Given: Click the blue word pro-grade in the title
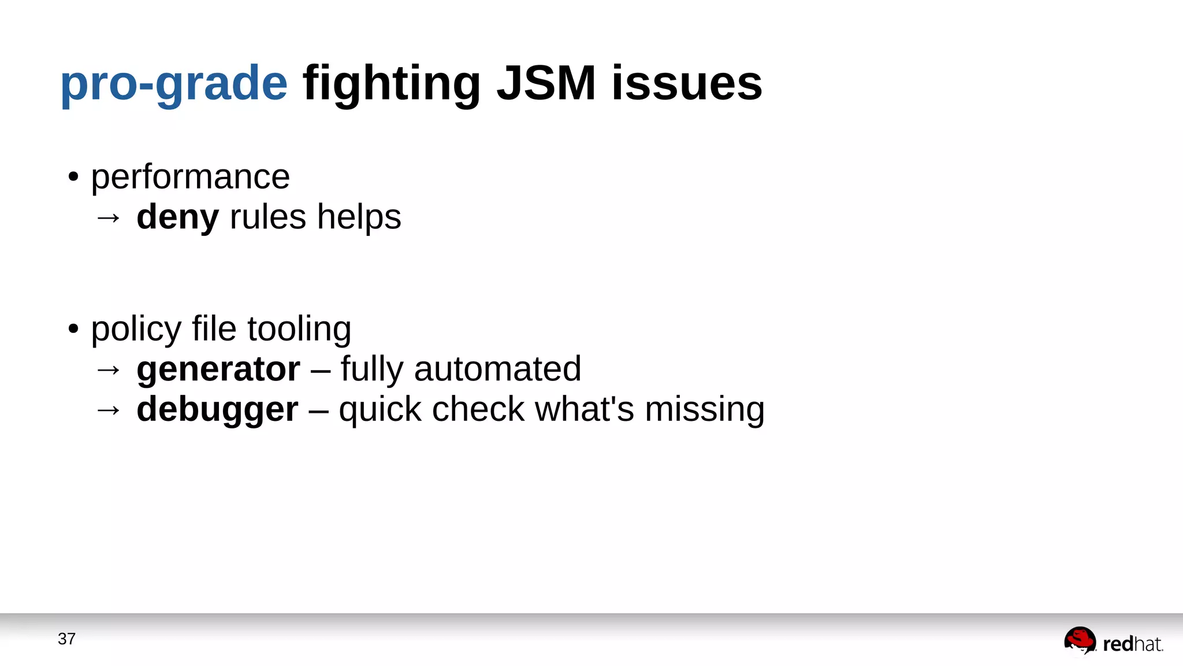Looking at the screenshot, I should [x=173, y=84].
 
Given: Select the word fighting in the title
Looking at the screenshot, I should [x=392, y=84].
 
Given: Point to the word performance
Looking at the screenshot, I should [x=190, y=177].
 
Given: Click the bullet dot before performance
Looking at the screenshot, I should [x=73, y=177].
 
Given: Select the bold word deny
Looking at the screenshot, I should [x=177, y=217].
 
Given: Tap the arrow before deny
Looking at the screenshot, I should [x=108, y=218].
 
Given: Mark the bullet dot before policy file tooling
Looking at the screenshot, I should [x=73, y=329].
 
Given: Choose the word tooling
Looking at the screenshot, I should [x=299, y=329].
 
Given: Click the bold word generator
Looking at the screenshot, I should [x=218, y=369].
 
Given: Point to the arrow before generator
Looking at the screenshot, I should [x=108, y=370].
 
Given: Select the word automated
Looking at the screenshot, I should [x=497, y=369].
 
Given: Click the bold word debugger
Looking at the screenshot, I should [x=217, y=409].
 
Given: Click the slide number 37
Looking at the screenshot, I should [x=66, y=639].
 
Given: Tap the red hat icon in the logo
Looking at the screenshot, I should [x=1080, y=641].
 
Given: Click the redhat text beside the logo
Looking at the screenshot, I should [x=1132, y=644].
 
